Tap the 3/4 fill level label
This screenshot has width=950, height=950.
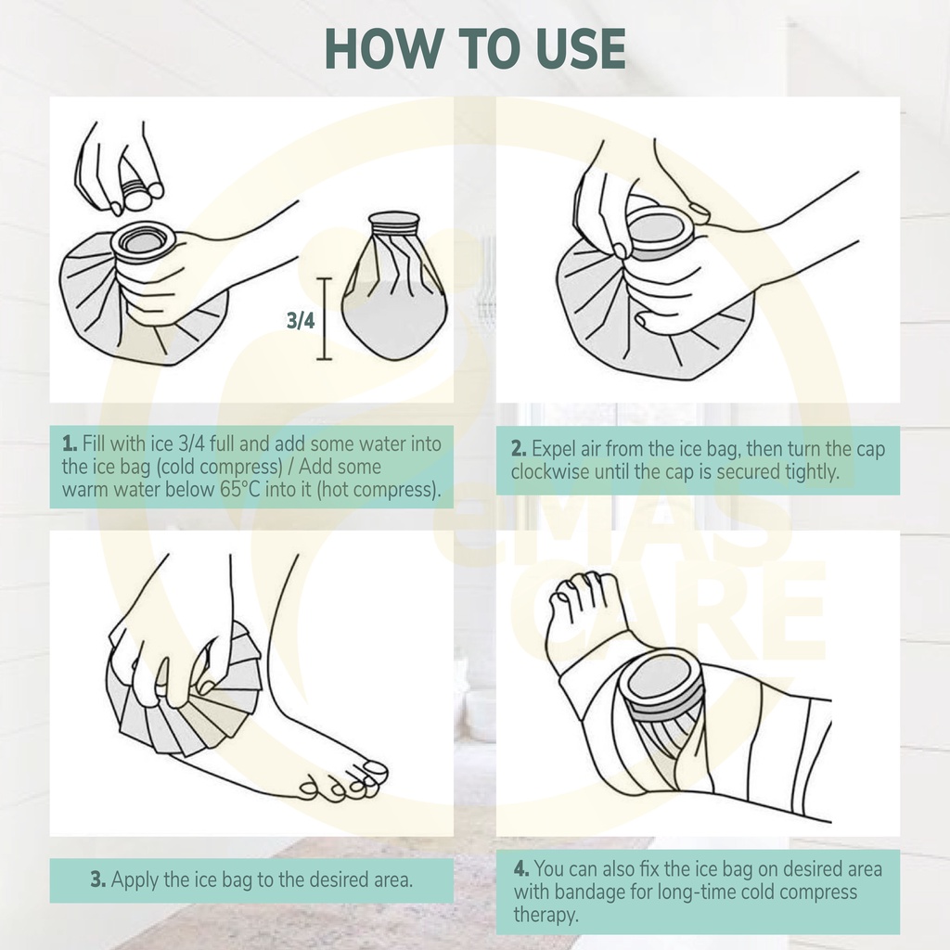(x=301, y=320)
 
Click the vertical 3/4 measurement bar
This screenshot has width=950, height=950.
(x=324, y=319)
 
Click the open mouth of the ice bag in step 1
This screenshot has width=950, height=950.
(x=143, y=240)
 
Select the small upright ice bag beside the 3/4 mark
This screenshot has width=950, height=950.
(x=394, y=286)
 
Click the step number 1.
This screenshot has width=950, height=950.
(x=69, y=443)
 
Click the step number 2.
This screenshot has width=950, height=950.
(x=519, y=448)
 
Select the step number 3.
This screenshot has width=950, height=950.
(x=98, y=879)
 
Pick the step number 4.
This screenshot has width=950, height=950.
(x=521, y=868)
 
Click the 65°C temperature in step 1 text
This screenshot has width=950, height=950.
(x=240, y=489)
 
